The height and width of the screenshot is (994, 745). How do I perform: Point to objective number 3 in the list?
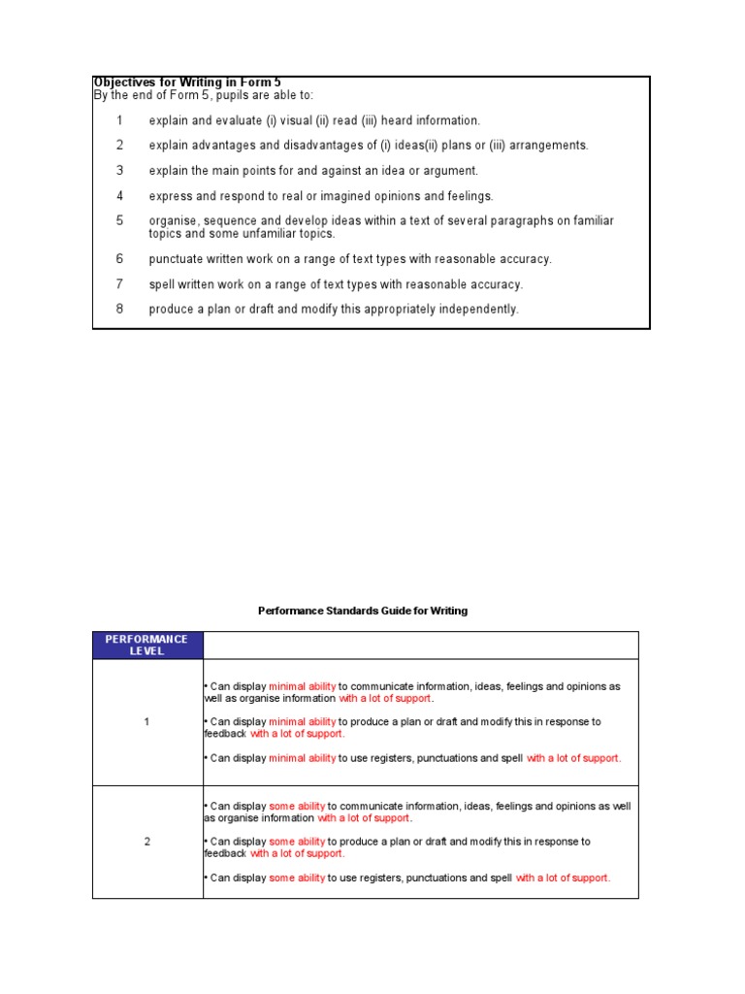[x=120, y=171]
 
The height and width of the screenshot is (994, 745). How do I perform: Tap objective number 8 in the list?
[x=120, y=309]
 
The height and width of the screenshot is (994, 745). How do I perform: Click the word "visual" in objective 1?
[x=293, y=120]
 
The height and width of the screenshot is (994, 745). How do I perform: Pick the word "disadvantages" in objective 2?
[x=333, y=146]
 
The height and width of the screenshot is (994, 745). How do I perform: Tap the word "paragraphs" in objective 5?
[x=480, y=221]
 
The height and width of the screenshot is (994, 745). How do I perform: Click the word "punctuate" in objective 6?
[x=176, y=259]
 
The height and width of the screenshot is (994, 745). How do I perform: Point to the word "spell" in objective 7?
[x=162, y=284]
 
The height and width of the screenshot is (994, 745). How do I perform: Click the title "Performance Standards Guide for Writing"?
[x=363, y=611]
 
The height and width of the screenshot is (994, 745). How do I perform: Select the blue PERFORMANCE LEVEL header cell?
[x=147, y=646]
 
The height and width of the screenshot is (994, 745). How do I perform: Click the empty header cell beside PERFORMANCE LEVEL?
[x=420, y=646]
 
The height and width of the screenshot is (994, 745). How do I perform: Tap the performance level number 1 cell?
[x=147, y=722]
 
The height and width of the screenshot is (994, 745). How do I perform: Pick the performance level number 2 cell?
[x=147, y=842]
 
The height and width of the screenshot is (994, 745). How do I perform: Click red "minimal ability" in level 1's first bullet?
[x=302, y=686]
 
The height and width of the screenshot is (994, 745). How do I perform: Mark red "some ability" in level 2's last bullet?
[x=297, y=878]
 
